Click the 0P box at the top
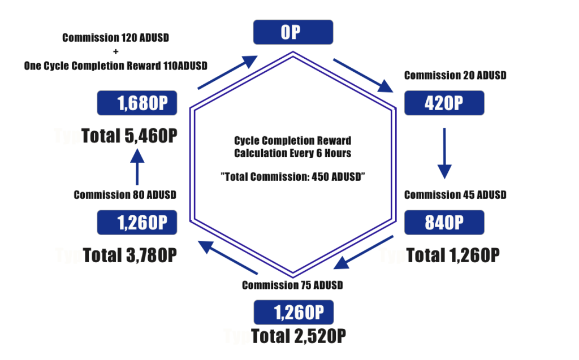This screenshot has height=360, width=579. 293,32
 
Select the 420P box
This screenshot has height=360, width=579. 444,103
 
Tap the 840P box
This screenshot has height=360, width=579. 444,223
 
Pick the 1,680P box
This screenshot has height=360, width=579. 137,103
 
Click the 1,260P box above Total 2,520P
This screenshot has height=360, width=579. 293,312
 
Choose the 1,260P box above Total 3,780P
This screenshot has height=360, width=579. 137,223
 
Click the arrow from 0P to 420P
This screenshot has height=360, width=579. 363,75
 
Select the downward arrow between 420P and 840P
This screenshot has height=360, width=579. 444,153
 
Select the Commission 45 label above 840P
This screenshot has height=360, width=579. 455,194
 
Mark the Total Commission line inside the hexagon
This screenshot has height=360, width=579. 293,176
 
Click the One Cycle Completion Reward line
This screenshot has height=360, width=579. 116,66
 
